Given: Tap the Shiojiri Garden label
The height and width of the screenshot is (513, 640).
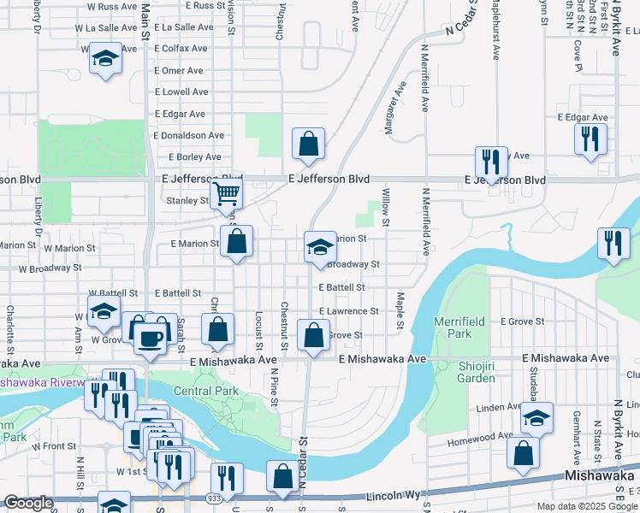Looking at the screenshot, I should [x=465, y=372].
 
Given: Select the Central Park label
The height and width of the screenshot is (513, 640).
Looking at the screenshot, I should [x=205, y=392].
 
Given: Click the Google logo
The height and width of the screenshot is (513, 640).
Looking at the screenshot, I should [x=28, y=504].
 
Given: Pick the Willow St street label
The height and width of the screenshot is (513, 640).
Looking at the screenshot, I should [x=386, y=209].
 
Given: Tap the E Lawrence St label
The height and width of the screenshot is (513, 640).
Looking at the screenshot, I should [x=348, y=312].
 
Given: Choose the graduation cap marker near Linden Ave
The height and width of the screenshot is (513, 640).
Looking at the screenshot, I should [x=536, y=418].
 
